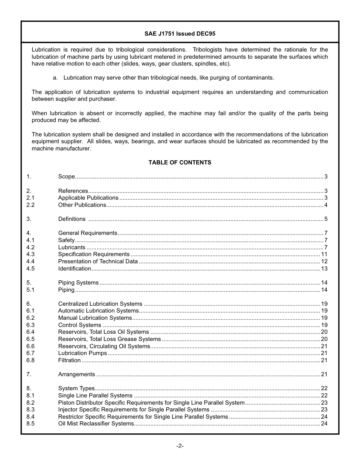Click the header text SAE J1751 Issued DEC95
[x=180, y=34]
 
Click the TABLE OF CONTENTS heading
[x=180, y=163]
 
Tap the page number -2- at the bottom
[x=180, y=446]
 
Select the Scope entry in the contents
[x=66, y=177]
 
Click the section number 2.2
[x=30, y=205]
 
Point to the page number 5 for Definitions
[x=326, y=219]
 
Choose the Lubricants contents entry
[x=72, y=247]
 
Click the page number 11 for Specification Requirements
[x=324, y=254]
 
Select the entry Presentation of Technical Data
[x=98, y=261]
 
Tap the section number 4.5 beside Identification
[x=30, y=269]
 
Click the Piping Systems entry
[x=78, y=283]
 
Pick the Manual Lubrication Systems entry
[x=95, y=318]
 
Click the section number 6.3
[x=30, y=325]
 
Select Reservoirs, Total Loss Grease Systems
[x=110, y=339]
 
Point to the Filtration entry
[x=69, y=360]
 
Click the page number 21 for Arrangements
[x=324, y=374]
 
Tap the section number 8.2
[x=30, y=403]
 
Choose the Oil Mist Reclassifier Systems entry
[x=96, y=424]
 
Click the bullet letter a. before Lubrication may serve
[x=55, y=78]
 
